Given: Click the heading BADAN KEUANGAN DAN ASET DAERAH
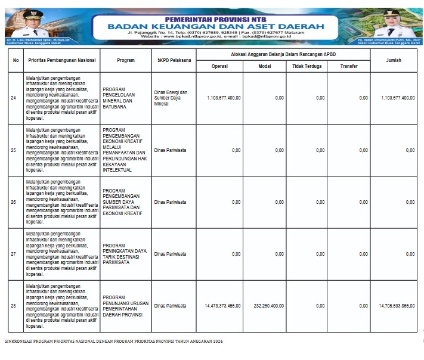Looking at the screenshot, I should point(216,26).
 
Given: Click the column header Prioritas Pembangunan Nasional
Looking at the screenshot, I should point(62,60).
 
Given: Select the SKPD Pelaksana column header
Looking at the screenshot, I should point(174,60).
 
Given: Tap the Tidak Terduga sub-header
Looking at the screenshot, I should point(307,66).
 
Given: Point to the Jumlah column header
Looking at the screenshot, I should point(393,60).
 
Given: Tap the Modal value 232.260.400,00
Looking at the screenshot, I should point(268,306).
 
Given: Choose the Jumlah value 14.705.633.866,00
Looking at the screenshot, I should point(397,306).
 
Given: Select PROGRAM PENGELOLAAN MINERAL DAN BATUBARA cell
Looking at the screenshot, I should point(123,98).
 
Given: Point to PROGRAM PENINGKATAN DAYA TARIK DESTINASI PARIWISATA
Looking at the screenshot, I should point(125,254).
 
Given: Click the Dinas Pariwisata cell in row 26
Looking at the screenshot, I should point(169,202).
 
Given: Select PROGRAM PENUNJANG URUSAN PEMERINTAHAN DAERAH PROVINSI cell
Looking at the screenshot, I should point(124,306).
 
